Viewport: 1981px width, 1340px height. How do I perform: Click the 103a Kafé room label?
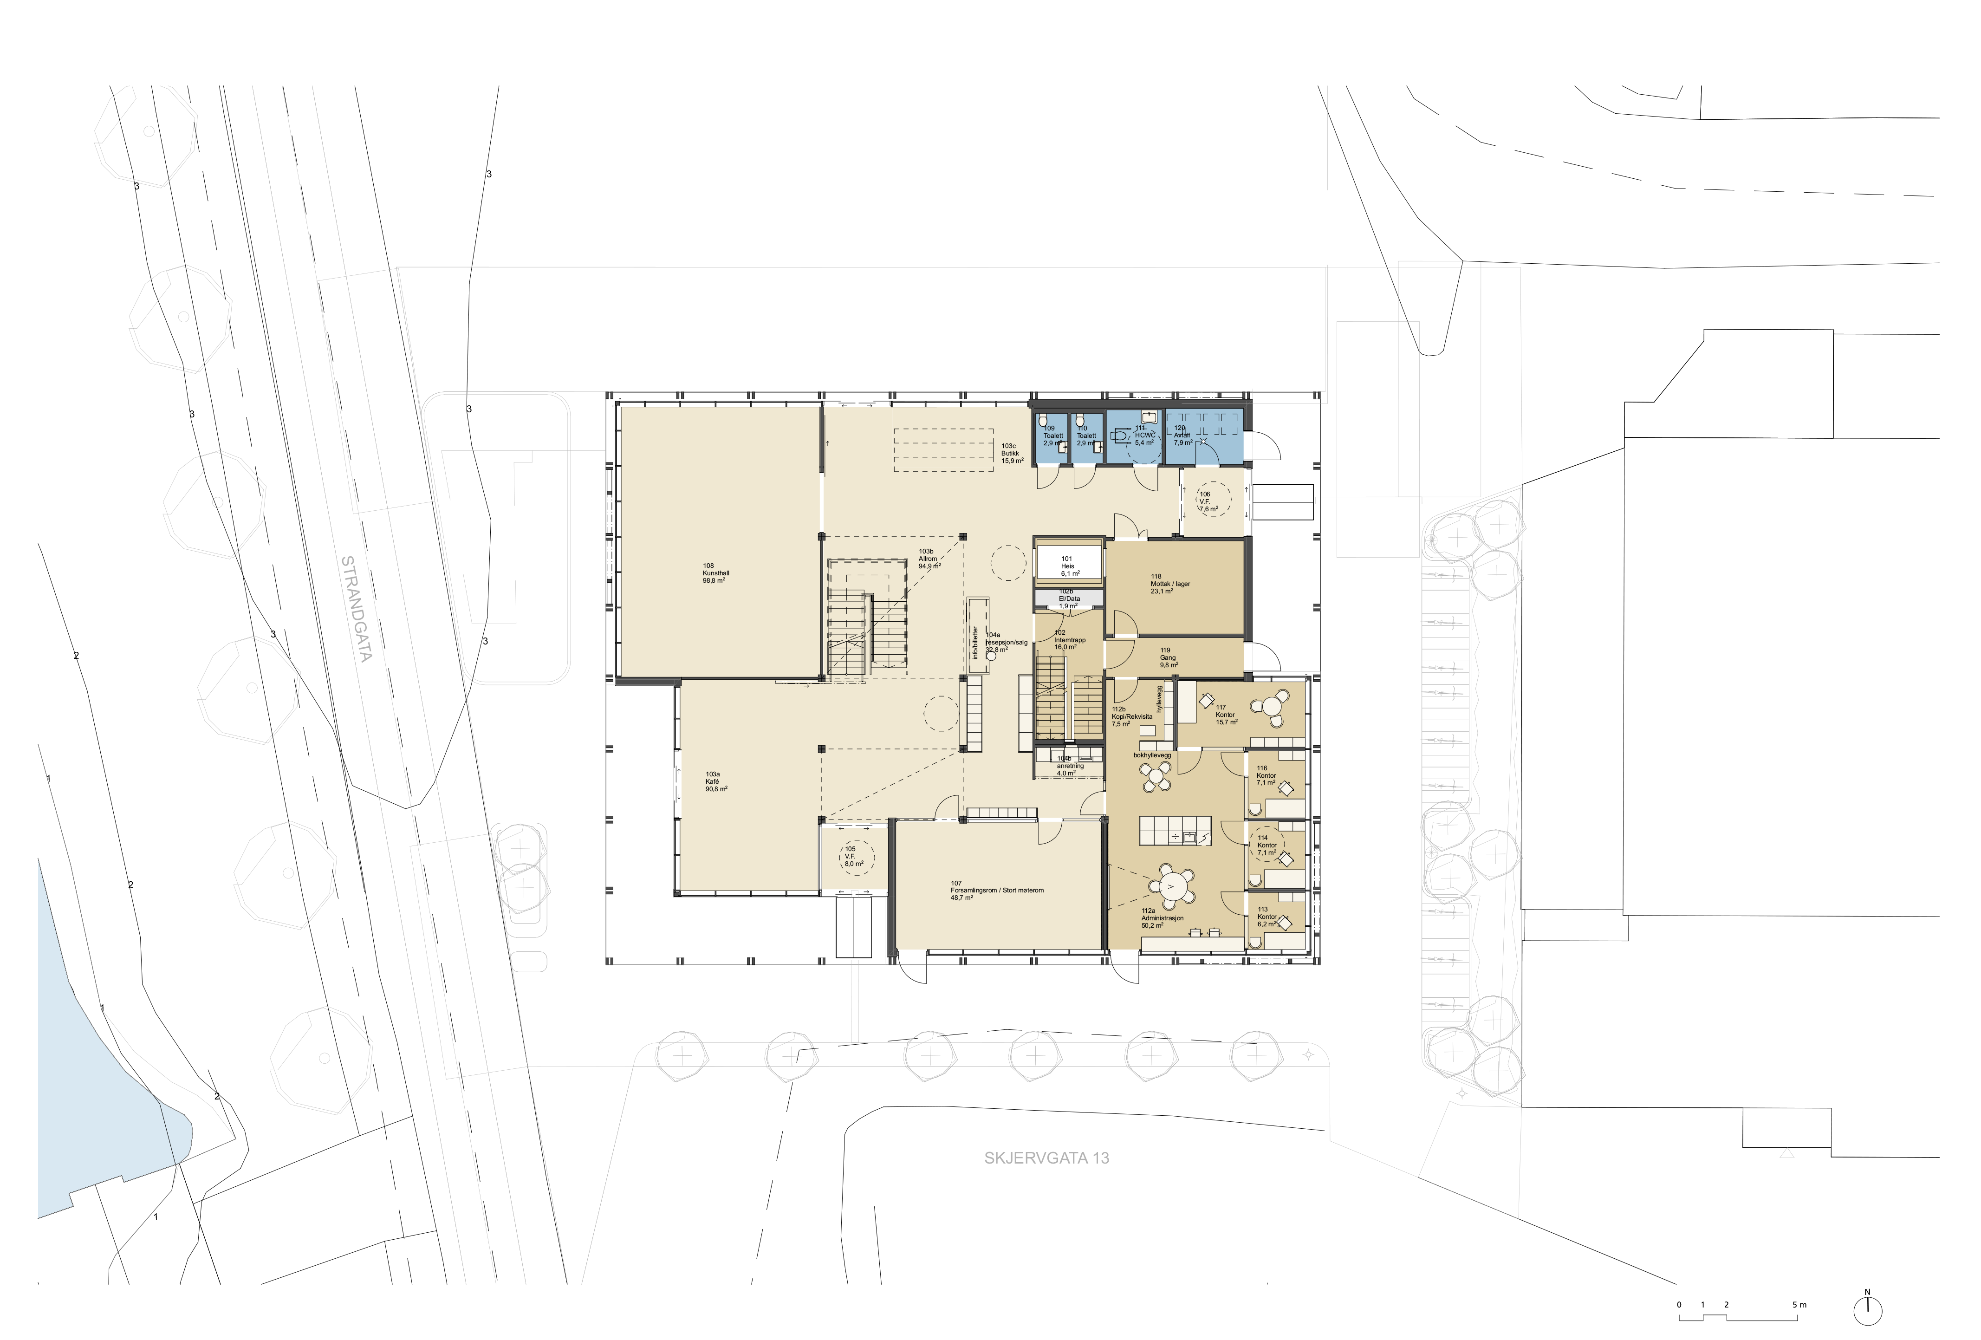pos(715,782)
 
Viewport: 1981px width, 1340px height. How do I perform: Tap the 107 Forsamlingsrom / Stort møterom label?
pos(996,890)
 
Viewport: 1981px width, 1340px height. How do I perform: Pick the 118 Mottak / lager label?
pos(1169,584)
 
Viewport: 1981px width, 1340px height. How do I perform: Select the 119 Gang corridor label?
pos(1168,657)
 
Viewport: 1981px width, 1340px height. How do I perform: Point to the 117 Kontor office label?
pos(1226,714)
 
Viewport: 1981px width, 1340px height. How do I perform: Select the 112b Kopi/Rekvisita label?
pos(1130,716)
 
